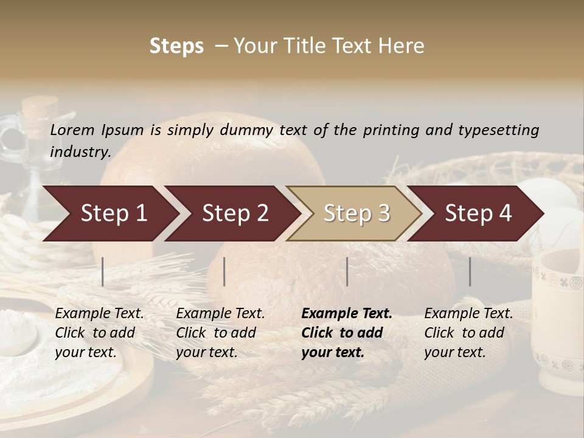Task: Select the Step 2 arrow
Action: tap(235, 214)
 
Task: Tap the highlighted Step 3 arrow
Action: tap(356, 214)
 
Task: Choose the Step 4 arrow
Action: tap(478, 214)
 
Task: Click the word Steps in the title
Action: tap(176, 46)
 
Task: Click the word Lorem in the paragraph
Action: tap(72, 130)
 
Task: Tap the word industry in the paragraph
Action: tap(80, 152)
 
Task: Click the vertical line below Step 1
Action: tap(103, 271)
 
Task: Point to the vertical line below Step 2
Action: tap(224, 271)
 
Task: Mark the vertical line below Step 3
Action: tap(347, 271)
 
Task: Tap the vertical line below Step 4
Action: tap(470, 271)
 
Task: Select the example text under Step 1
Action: tap(99, 333)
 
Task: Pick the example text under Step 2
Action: tap(220, 333)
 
